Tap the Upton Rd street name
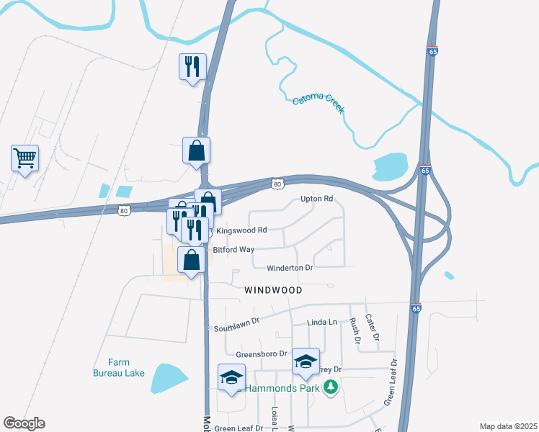[x=316, y=199]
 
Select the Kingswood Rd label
[x=241, y=230]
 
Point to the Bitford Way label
[x=233, y=250]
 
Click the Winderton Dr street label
[x=290, y=268]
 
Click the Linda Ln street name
[x=321, y=323]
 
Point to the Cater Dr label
[x=371, y=327]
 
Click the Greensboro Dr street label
[x=261, y=354]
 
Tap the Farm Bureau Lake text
[x=118, y=367]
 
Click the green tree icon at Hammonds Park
[x=331, y=387]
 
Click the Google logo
[x=24, y=423]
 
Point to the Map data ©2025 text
[x=508, y=426]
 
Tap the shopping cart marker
[x=24, y=157]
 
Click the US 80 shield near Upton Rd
[x=278, y=184]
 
